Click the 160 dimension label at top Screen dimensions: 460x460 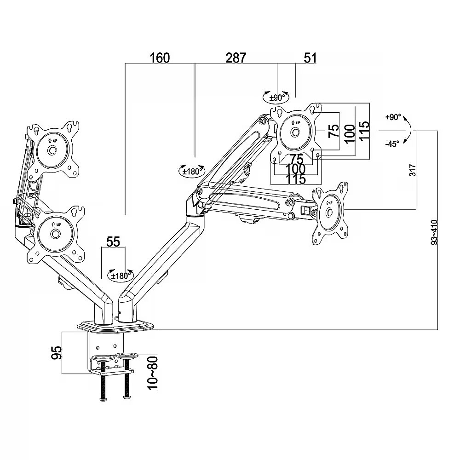(160, 58)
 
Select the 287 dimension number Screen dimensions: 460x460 (236, 58)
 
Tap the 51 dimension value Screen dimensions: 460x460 (310, 58)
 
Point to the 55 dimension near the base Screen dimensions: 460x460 (113, 242)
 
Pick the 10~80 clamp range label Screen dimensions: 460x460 (153, 373)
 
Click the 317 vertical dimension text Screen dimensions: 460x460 (413, 170)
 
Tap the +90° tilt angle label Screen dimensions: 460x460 (393, 117)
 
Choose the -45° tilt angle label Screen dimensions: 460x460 (392, 144)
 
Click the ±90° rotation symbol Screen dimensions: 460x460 (276, 97)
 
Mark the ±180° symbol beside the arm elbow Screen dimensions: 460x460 (192, 171)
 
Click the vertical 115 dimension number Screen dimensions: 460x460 (364, 131)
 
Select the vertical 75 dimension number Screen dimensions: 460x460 (334, 131)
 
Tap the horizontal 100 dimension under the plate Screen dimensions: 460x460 (296, 169)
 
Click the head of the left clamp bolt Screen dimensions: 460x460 (103, 399)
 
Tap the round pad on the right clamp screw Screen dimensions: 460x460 (127, 356)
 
